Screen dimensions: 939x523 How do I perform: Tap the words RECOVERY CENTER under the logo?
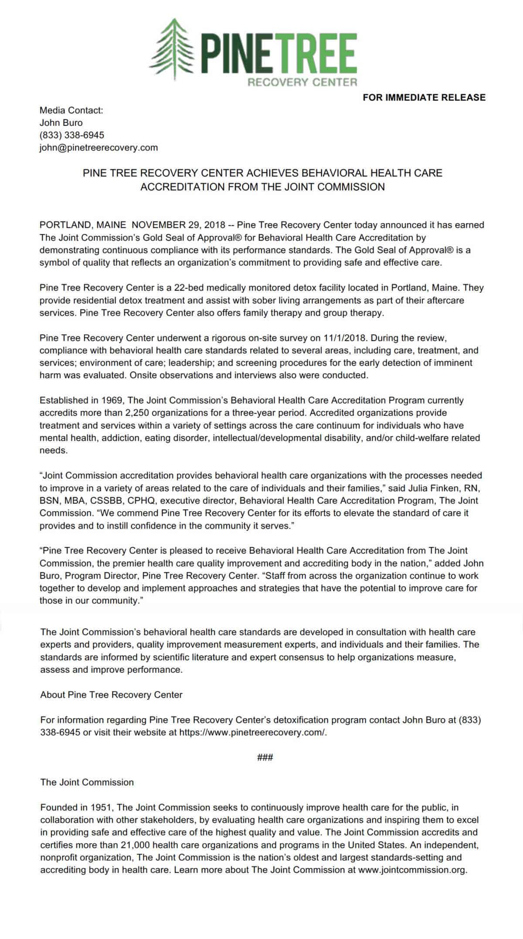tap(302, 82)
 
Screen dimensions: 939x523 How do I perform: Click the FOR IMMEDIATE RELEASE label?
tap(424, 98)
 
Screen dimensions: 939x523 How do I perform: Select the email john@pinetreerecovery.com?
tap(98, 148)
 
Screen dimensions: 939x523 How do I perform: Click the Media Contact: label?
tap(71, 110)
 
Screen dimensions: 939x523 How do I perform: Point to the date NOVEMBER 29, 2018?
tap(178, 225)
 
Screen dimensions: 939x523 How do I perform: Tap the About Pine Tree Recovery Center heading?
tap(111, 695)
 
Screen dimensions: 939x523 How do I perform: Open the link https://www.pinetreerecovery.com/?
tap(253, 732)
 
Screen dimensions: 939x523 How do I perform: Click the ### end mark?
tap(265, 757)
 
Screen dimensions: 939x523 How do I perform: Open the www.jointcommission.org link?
tap(412, 870)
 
